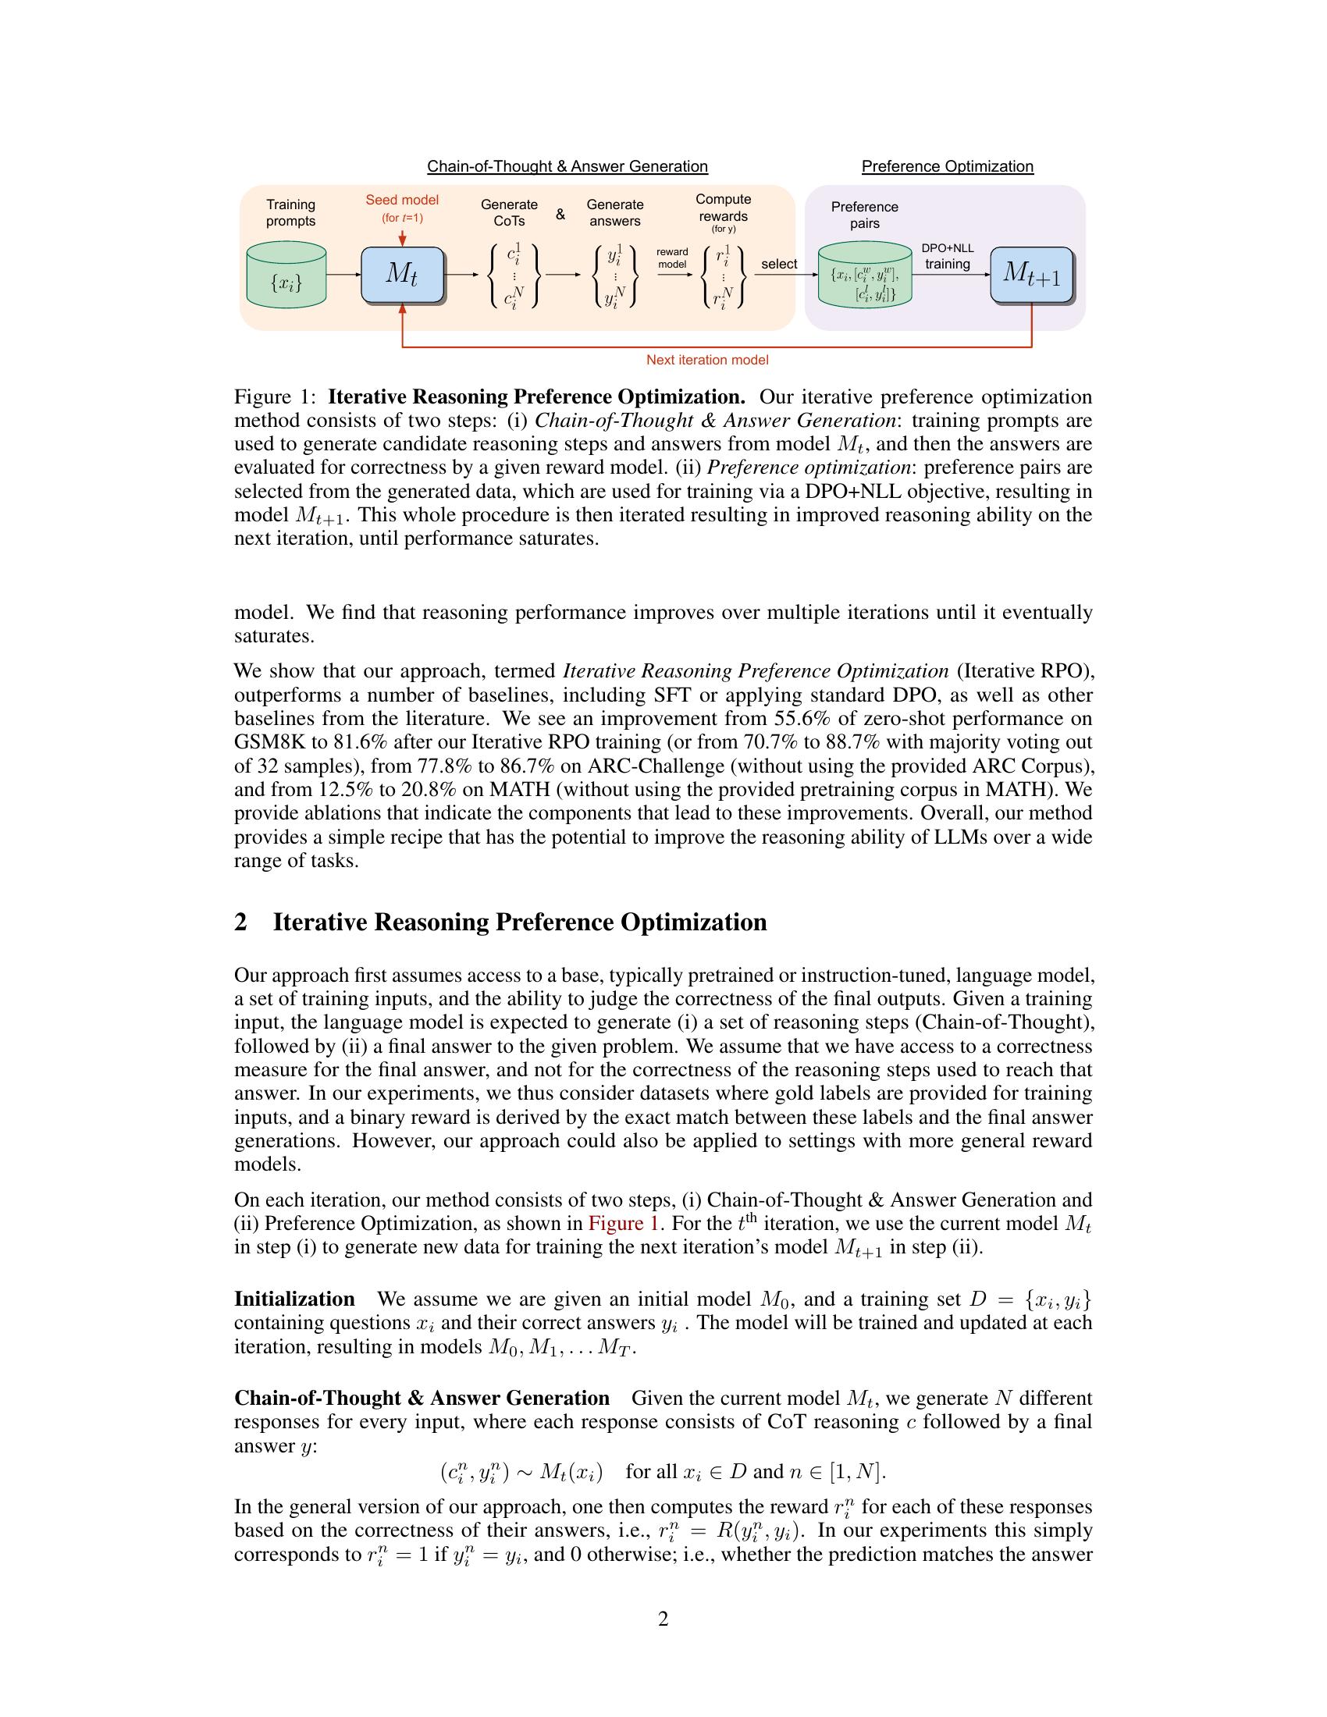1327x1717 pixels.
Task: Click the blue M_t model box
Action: click(402, 274)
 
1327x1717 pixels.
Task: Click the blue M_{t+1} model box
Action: click(1030, 274)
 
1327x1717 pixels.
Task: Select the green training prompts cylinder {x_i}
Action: click(286, 276)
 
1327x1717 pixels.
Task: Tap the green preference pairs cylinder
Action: click(864, 277)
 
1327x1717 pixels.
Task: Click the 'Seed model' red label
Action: click(402, 201)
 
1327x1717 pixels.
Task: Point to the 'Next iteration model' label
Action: click(706, 360)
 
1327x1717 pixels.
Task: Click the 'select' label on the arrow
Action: click(778, 264)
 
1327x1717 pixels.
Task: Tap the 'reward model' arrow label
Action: click(672, 258)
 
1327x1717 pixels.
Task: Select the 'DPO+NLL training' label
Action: click(948, 256)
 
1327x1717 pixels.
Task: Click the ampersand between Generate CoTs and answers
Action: click(560, 214)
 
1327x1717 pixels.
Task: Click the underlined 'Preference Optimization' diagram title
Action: click(948, 167)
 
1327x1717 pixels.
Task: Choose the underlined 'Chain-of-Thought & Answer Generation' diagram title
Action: click(567, 167)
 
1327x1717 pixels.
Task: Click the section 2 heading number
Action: click(241, 922)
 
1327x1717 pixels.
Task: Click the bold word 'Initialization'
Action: click(295, 1299)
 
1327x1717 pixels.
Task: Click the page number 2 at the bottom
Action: click(663, 1619)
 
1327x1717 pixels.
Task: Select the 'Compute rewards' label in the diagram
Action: click(724, 208)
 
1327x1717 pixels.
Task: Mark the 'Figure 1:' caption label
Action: click(274, 396)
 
